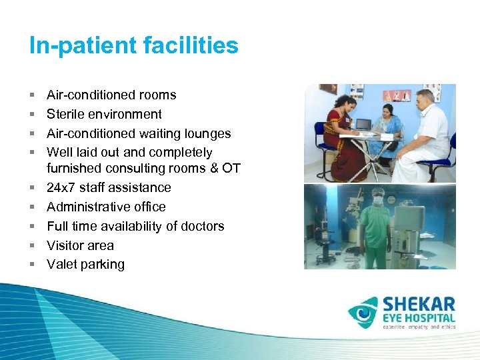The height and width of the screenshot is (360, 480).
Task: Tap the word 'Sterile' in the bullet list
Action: tap(66, 114)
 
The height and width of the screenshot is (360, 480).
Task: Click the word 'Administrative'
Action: tap(87, 207)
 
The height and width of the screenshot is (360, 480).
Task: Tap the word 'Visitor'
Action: tap(65, 245)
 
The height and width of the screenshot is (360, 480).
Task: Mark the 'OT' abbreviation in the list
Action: tap(231, 168)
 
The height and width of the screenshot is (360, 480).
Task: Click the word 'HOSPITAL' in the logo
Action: tap(431, 319)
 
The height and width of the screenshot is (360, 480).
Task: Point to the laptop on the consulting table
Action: tap(363, 124)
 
